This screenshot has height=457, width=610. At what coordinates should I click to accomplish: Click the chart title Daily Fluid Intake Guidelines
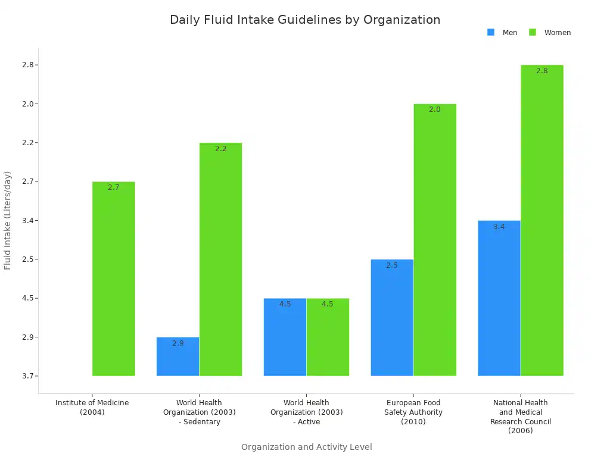click(305, 20)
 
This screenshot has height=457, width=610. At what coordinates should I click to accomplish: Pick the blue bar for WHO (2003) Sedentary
click(178, 357)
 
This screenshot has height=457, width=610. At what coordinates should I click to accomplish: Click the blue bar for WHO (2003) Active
click(285, 337)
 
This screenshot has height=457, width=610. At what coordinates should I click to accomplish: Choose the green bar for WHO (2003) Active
click(328, 337)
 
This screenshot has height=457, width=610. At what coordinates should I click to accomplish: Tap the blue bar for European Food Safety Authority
click(392, 318)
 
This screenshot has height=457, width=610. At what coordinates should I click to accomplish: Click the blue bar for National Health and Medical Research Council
click(499, 298)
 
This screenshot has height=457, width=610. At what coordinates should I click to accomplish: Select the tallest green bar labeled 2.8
click(542, 220)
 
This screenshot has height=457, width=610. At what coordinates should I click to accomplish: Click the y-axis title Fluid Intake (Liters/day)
click(8, 220)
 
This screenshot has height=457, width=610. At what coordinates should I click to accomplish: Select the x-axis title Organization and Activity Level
click(306, 447)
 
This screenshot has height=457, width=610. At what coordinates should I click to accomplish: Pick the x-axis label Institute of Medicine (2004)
click(92, 408)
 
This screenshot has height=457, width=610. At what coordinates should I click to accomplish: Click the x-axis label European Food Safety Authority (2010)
click(413, 412)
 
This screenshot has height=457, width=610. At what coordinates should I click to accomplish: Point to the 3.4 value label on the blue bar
click(499, 227)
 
